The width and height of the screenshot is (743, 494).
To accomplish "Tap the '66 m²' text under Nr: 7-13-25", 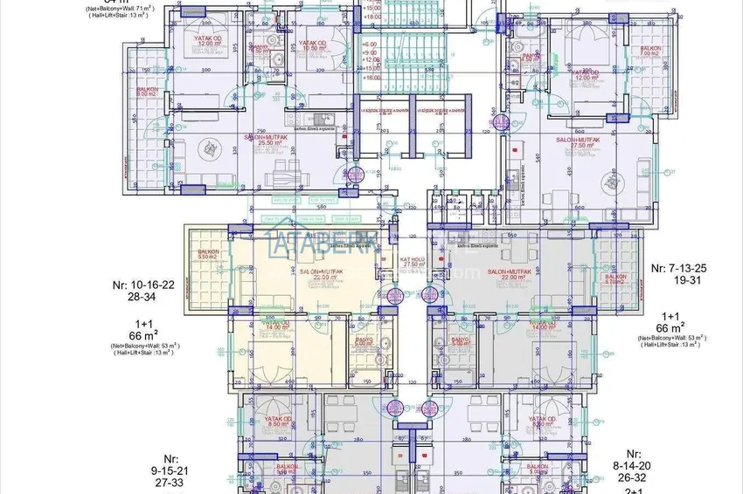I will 670,330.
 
